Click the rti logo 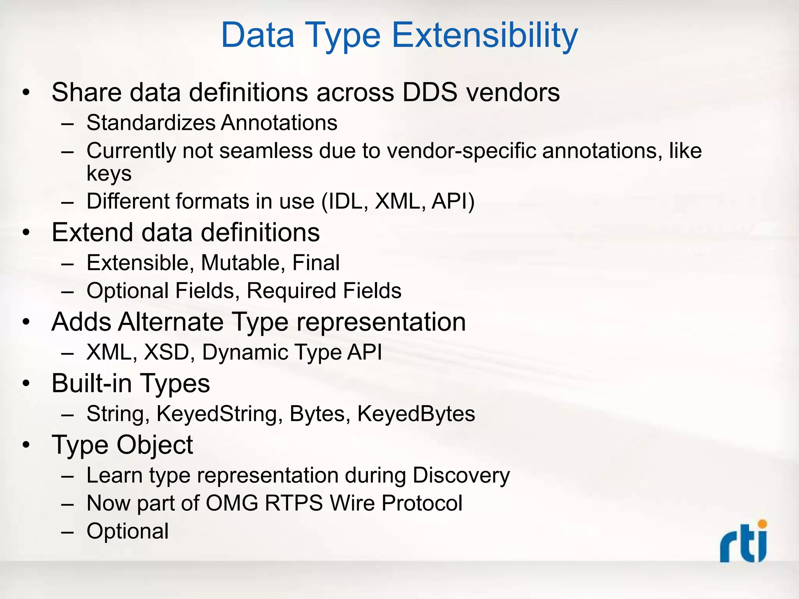pos(744,542)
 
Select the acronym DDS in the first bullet pos(430,92)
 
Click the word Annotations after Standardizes pos(279,123)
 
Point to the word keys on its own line pos(109,174)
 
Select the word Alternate pos(171,322)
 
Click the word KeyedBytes pos(416,414)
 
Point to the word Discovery pos(461,476)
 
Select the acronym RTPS pos(293,503)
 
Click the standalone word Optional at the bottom pos(128,531)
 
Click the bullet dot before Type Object pos(26,445)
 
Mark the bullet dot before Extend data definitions pos(26,233)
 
